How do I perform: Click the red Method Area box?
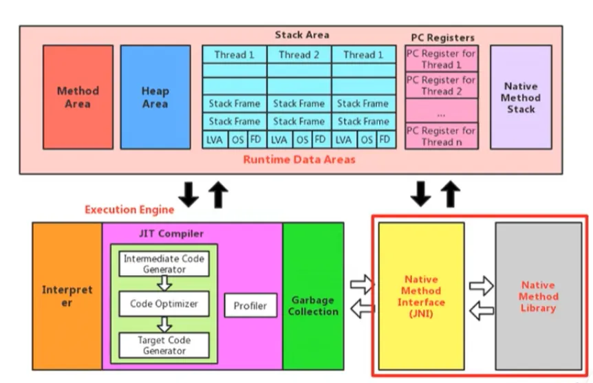click(x=78, y=97)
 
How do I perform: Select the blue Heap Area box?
click(x=155, y=97)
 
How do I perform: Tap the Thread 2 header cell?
click(x=299, y=54)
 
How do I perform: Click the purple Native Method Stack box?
click(x=521, y=97)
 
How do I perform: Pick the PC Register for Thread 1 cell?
click(x=440, y=59)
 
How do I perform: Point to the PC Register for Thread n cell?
click(x=440, y=136)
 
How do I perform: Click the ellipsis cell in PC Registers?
click(x=440, y=111)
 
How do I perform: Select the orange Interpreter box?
click(x=67, y=296)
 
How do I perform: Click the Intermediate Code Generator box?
click(x=164, y=264)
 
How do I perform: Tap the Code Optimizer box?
click(x=164, y=303)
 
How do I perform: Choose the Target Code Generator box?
click(x=164, y=344)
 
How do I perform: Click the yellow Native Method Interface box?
click(x=421, y=296)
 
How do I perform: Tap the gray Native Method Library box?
click(x=538, y=296)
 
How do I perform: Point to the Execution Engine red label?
click(x=129, y=209)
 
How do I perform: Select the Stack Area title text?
click(x=301, y=34)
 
